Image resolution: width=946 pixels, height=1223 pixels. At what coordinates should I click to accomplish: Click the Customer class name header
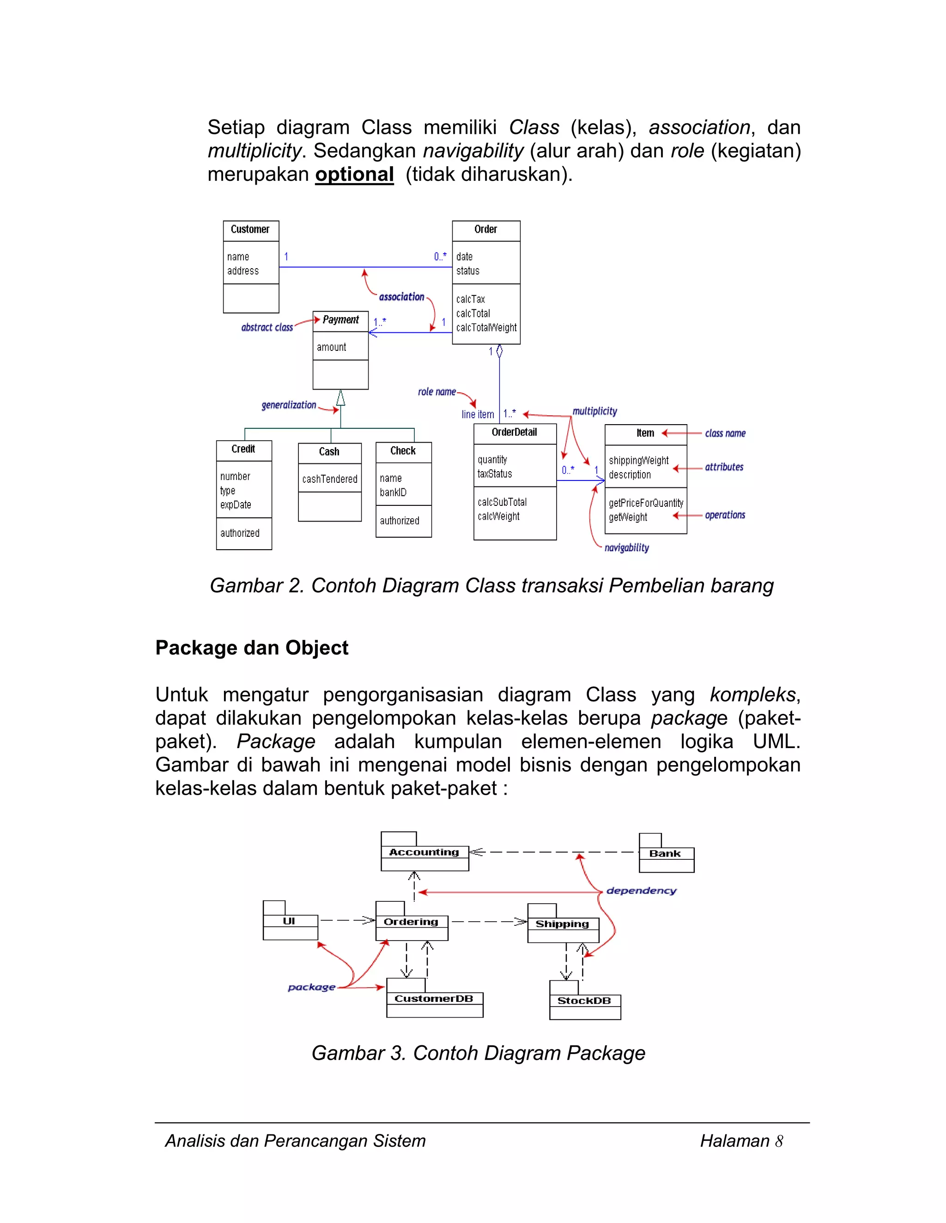250,229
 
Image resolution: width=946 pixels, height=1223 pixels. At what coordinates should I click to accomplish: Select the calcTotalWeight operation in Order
486,328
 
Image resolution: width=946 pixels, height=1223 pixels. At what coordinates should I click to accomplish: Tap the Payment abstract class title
340,320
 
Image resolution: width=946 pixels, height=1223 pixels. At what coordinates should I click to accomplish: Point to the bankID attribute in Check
393,493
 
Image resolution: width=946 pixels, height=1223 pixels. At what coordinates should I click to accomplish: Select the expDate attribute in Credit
236,505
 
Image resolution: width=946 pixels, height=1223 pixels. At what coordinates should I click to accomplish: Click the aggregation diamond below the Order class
499,351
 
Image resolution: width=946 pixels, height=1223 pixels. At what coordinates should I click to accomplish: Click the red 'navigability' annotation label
626,548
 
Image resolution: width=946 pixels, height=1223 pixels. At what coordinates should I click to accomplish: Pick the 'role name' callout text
437,392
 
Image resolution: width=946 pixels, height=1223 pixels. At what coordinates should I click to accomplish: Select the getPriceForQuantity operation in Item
646,504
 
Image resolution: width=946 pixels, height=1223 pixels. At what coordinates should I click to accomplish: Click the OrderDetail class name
514,432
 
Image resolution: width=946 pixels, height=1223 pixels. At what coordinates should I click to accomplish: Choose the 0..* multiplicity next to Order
440,257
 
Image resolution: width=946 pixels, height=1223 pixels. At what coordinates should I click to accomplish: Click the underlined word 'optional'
354,174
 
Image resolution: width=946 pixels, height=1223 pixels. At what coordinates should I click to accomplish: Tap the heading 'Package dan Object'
252,648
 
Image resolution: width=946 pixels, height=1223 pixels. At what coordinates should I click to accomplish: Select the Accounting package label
424,852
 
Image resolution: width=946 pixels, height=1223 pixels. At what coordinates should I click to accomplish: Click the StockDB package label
583,1001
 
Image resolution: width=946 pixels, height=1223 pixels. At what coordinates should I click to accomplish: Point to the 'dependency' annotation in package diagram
641,890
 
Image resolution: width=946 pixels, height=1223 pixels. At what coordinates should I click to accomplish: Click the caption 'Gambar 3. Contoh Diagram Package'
478,1053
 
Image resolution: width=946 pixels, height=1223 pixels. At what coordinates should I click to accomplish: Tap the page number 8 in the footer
778,1141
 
